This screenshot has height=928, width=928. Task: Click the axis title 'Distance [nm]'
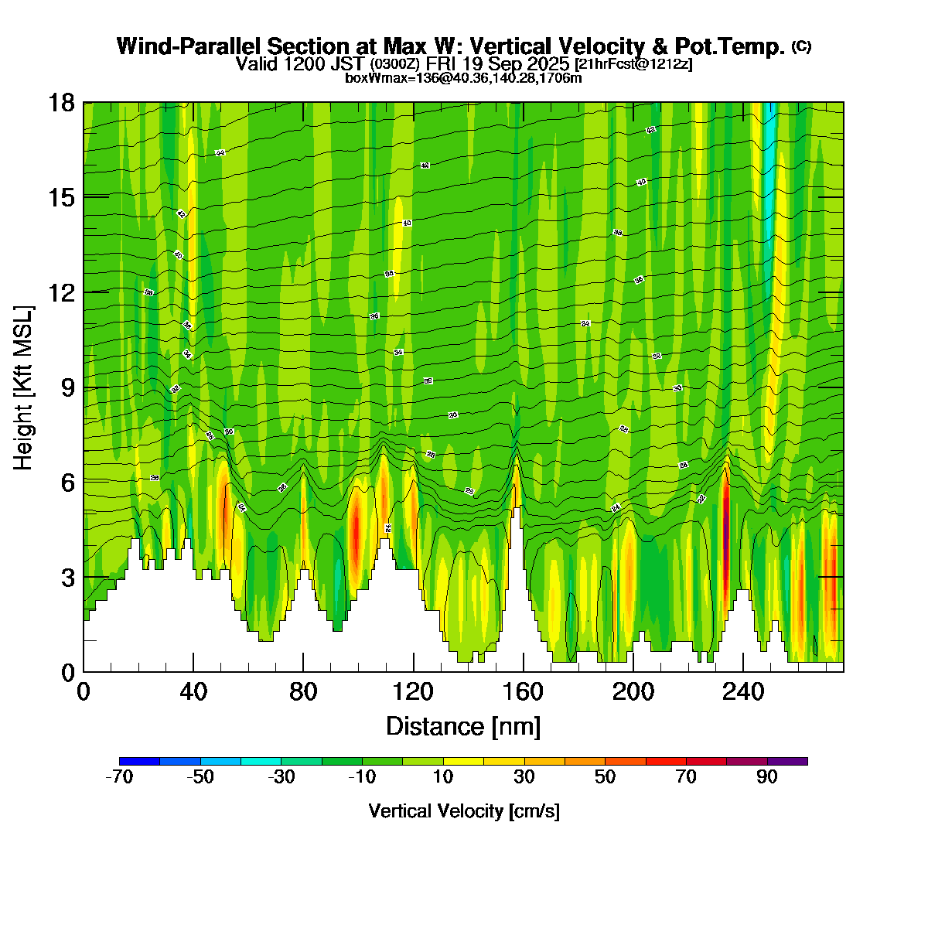(x=462, y=727)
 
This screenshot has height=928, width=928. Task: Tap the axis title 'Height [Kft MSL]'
(x=23, y=387)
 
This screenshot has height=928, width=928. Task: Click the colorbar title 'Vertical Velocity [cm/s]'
(x=464, y=811)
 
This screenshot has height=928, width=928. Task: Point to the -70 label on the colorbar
(x=119, y=778)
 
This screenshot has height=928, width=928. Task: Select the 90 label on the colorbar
(x=767, y=778)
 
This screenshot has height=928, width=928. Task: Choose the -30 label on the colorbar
(x=281, y=778)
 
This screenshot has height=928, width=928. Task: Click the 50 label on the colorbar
(x=606, y=778)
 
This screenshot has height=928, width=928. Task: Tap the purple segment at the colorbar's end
(x=787, y=762)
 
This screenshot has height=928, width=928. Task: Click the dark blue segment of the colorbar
(x=140, y=762)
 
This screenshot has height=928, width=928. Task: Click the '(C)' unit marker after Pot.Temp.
(x=801, y=46)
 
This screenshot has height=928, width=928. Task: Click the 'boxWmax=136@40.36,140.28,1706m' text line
(x=463, y=77)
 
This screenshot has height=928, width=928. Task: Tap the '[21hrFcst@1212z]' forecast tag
(x=633, y=63)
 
